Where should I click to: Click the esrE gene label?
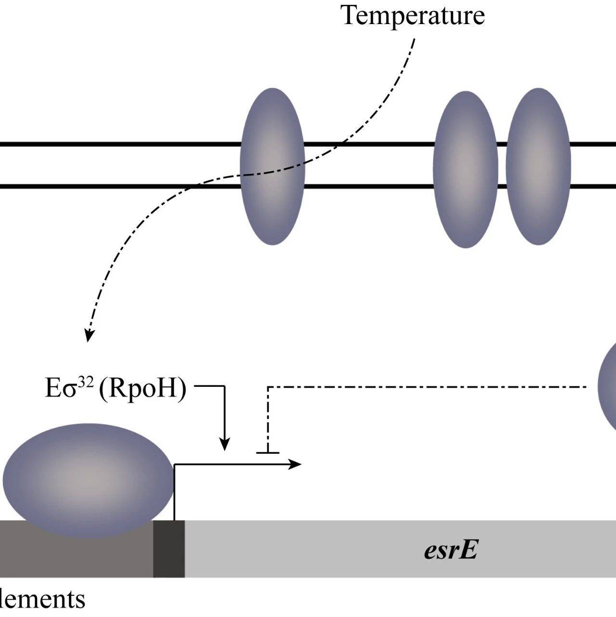click(x=451, y=550)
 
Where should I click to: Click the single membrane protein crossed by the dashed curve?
click(x=272, y=166)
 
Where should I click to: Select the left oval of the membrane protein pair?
click(x=465, y=169)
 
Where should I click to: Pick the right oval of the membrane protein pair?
click(x=538, y=167)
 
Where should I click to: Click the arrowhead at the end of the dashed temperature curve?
click(x=89, y=336)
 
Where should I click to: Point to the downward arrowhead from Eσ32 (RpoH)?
click(x=224, y=445)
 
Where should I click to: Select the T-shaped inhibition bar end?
click(x=268, y=452)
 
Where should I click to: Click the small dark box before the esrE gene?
click(x=169, y=549)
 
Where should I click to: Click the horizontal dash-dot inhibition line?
click(x=423, y=387)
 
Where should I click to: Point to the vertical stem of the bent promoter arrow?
click(x=174, y=491)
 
